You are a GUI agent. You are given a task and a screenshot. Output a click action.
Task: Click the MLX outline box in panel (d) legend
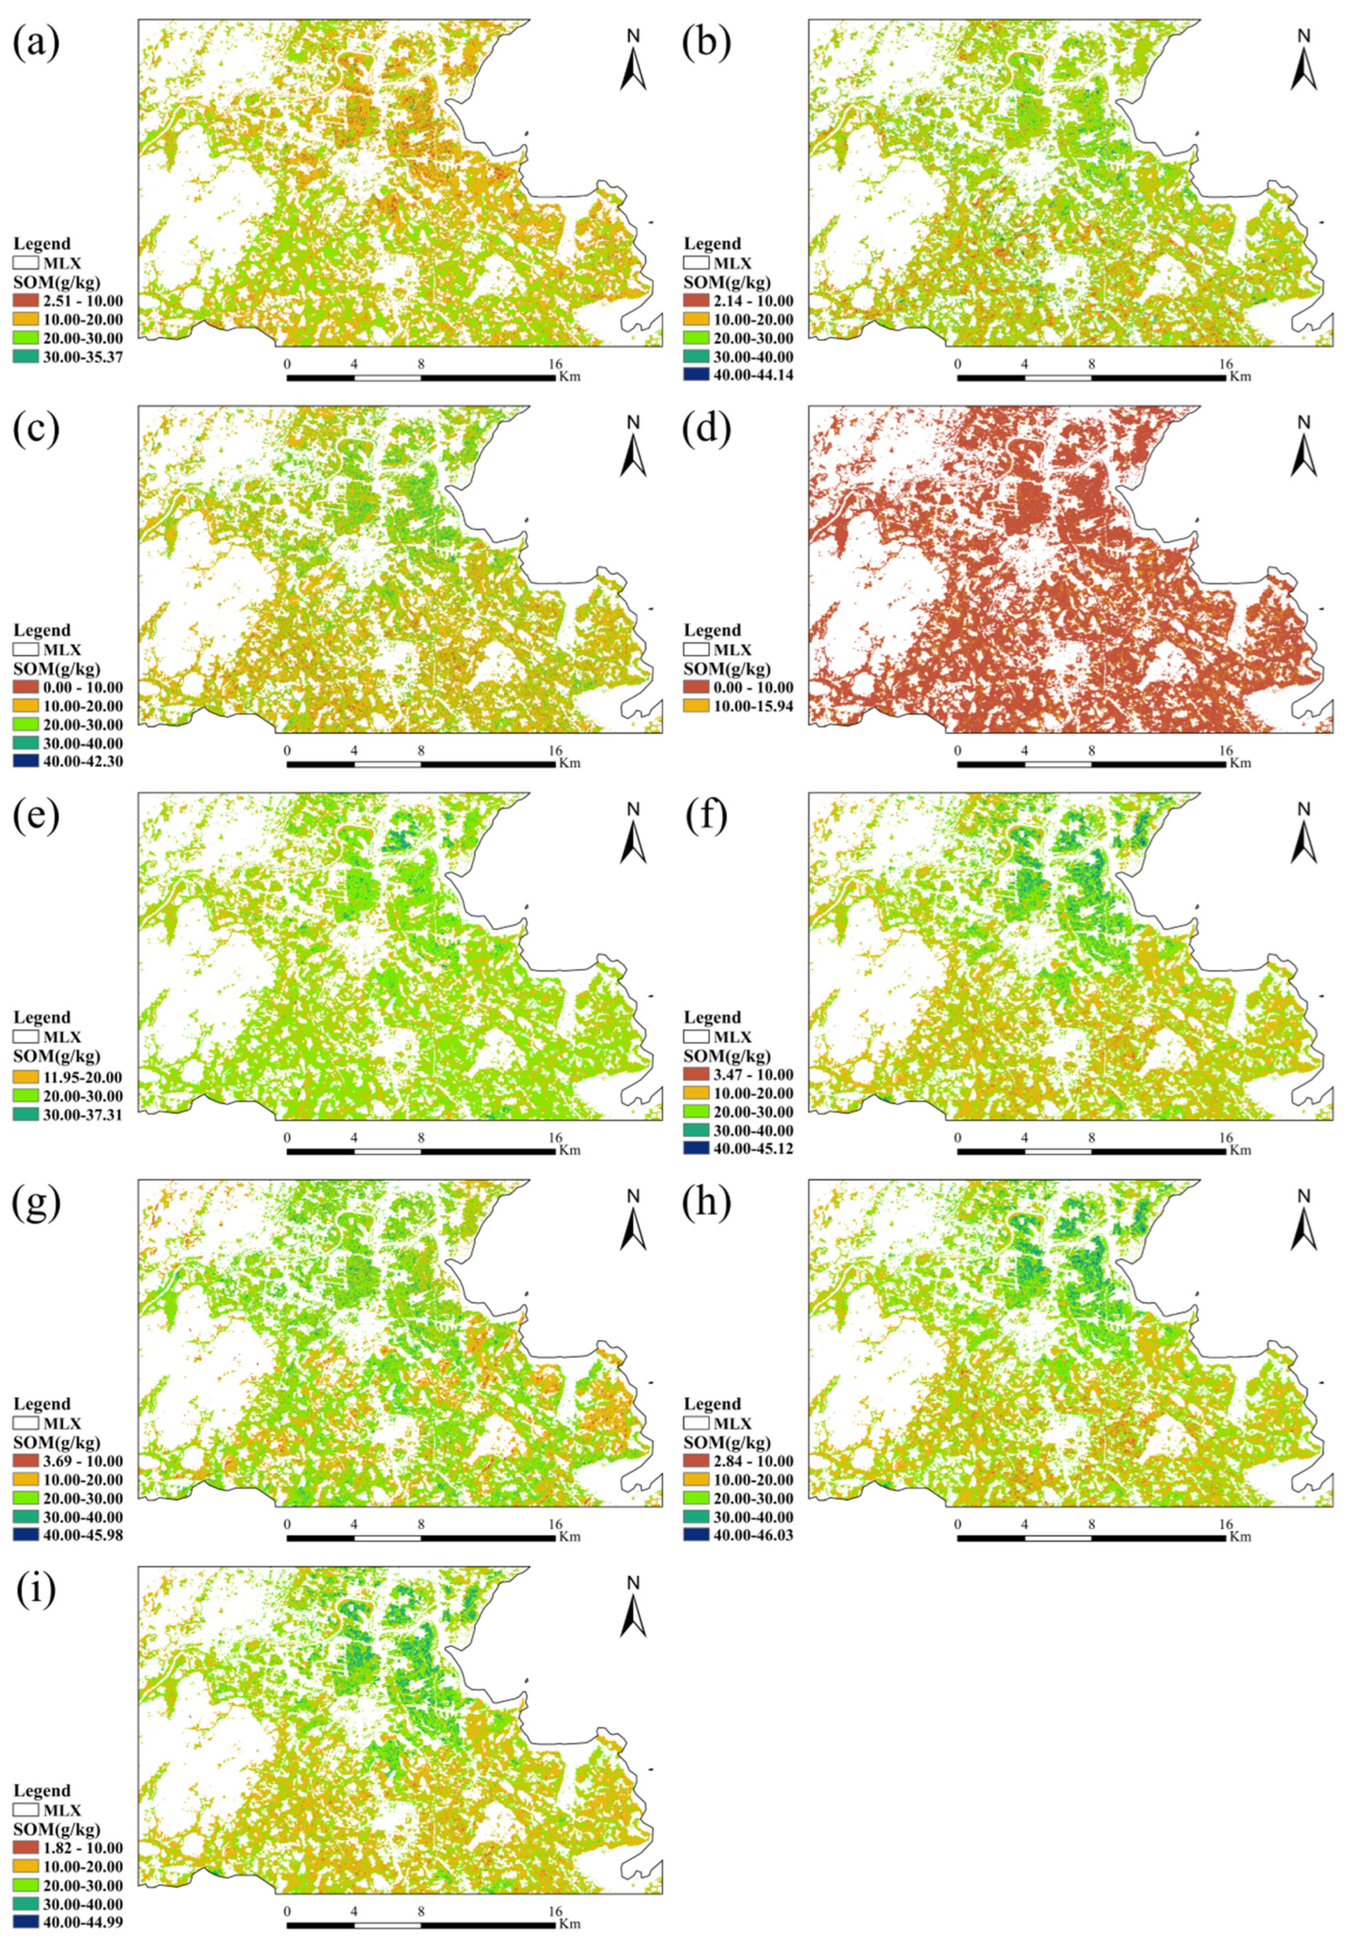(697, 650)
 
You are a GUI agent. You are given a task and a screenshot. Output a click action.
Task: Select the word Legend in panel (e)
(42, 1017)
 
